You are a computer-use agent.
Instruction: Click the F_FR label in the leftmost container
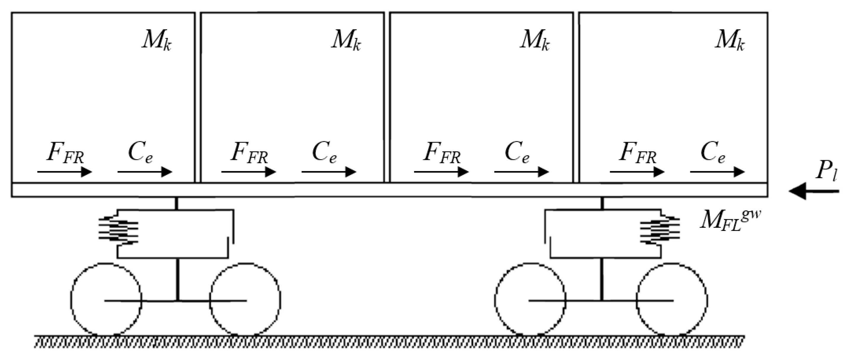(65, 154)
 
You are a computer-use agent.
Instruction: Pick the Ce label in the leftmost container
(140, 154)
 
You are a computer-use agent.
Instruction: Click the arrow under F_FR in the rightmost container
(637, 172)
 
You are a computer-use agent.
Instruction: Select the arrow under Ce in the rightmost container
(717, 172)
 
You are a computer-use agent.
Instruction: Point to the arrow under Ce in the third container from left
(522, 172)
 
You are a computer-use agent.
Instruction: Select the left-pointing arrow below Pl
(814, 192)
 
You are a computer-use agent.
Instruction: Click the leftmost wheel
(106, 299)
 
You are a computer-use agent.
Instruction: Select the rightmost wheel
(672, 299)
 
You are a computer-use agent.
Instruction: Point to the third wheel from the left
(530, 299)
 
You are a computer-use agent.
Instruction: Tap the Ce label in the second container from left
(324, 154)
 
